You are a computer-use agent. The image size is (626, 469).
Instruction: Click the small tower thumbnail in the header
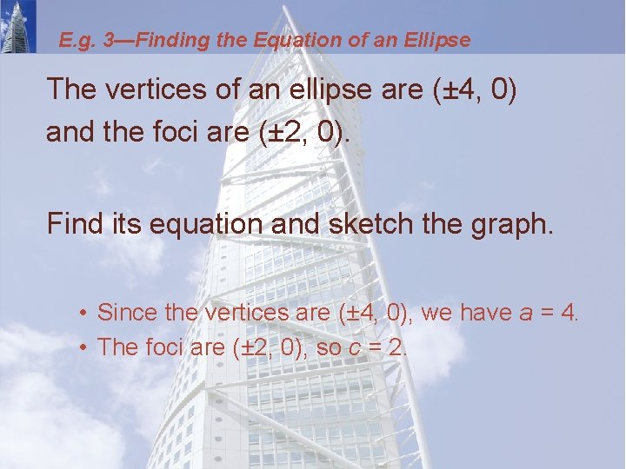(x=18, y=26)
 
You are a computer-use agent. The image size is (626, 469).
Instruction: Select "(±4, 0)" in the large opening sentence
(x=475, y=89)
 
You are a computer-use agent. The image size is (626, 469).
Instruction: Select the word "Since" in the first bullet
(x=122, y=312)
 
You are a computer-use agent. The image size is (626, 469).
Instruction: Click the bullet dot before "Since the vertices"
(x=80, y=313)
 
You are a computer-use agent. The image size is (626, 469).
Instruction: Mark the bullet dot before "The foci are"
(x=80, y=347)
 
